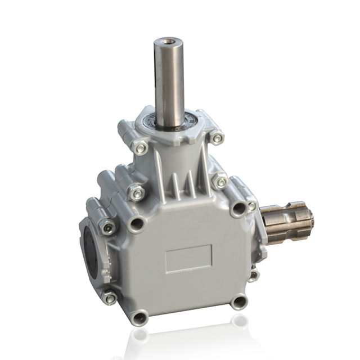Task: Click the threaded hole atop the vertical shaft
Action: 169,41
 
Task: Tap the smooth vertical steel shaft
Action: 169,84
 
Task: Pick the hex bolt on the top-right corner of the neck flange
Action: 215,137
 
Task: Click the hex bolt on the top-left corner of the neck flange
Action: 141,148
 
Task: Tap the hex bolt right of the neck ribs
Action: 220,182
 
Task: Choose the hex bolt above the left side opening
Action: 107,226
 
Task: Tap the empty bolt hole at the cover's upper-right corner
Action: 238,209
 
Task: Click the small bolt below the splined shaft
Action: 254,275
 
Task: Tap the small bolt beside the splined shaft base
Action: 251,206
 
